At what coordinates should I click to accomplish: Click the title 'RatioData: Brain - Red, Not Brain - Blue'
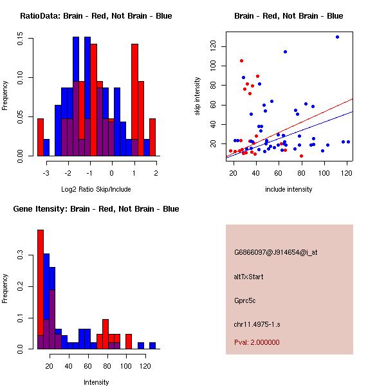pos(96,16)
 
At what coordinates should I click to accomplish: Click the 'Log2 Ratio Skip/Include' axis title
pos(96,189)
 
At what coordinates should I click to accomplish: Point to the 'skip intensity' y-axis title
pos(198,96)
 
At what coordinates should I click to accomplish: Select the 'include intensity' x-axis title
pos(289,189)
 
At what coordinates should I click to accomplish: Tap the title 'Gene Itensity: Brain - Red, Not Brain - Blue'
pos(96,209)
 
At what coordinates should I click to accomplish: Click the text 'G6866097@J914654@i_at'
pos(275,252)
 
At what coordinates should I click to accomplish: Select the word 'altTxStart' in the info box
pos(249,277)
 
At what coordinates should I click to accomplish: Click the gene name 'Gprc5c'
pos(245,300)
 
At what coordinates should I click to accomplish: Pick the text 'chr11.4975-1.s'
pos(258,324)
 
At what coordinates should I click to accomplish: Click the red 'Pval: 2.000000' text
pos(257,342)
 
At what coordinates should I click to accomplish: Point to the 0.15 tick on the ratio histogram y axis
pos(21,39)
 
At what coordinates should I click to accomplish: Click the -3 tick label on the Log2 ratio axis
pos(46,172)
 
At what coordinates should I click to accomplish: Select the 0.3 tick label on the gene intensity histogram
pos(21,255)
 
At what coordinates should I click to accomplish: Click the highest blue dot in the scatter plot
pos(337,37)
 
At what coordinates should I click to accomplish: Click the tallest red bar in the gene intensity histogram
pos(41,289)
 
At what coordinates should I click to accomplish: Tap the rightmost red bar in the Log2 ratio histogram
pos(152,137)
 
